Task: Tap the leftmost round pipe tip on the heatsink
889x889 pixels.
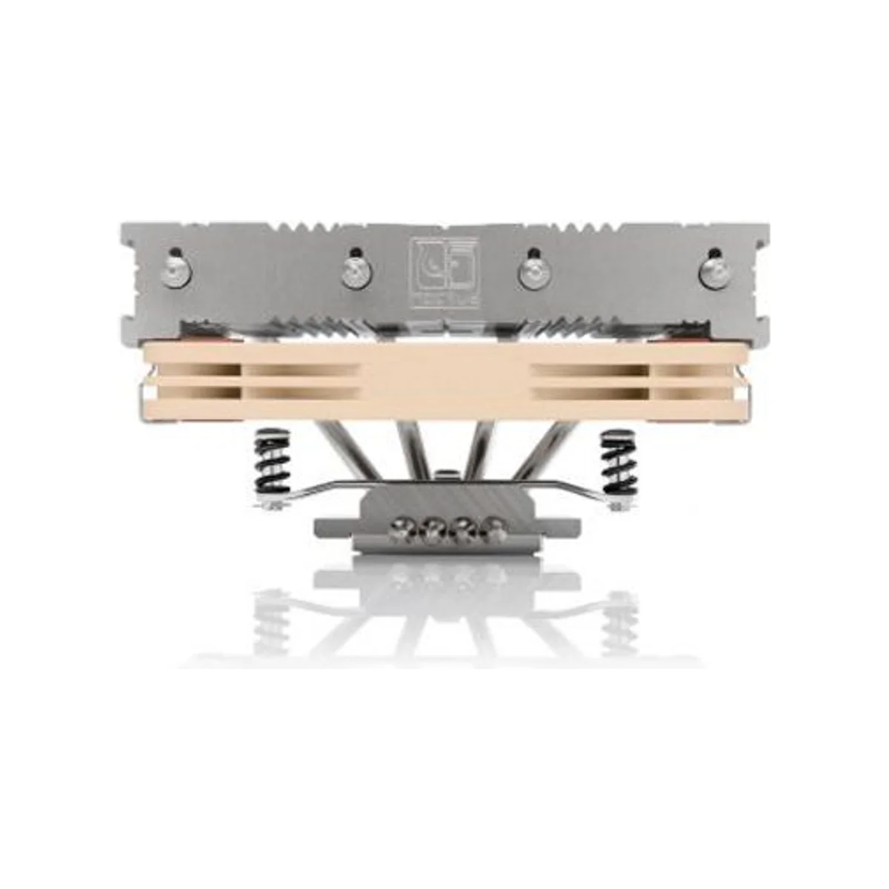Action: (x=174, y=272)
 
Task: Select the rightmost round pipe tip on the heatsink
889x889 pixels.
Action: (x=714, y=271)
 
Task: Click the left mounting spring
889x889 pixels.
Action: (x=271, y=463)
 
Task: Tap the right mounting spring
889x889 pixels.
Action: (x=618, y=463)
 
